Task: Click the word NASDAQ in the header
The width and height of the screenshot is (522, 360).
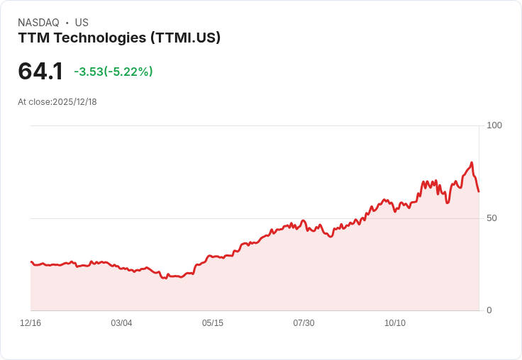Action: coord(39,23)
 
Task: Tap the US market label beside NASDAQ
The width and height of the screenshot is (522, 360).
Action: coord(82,23)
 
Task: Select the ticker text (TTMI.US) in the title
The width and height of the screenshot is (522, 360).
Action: coord(185,38)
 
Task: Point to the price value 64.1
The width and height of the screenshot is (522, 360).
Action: coord(40,71)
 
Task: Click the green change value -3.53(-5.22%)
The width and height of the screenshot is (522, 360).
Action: coord(113,72)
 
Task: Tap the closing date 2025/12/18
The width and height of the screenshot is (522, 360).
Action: coord(74,102)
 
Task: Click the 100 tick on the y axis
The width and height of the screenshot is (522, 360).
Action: coord(494,125)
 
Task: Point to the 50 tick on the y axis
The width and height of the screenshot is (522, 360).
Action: coord(492,218)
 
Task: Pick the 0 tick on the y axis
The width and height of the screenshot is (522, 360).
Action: coord(489,310)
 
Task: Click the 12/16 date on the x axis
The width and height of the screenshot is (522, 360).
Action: coord(30,323)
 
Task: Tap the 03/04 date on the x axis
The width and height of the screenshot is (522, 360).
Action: coord(121,323)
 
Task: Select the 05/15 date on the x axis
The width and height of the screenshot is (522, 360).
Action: coord(213,323)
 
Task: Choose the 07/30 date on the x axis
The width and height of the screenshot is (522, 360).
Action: coord(304,323)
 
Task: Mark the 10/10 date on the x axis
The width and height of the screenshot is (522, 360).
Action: coord(395,323)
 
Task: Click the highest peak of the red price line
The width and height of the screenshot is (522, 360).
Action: coord(472,163)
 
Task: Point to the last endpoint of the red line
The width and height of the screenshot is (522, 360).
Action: coord(479,191)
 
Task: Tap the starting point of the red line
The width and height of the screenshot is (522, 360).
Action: coord(30,262)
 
